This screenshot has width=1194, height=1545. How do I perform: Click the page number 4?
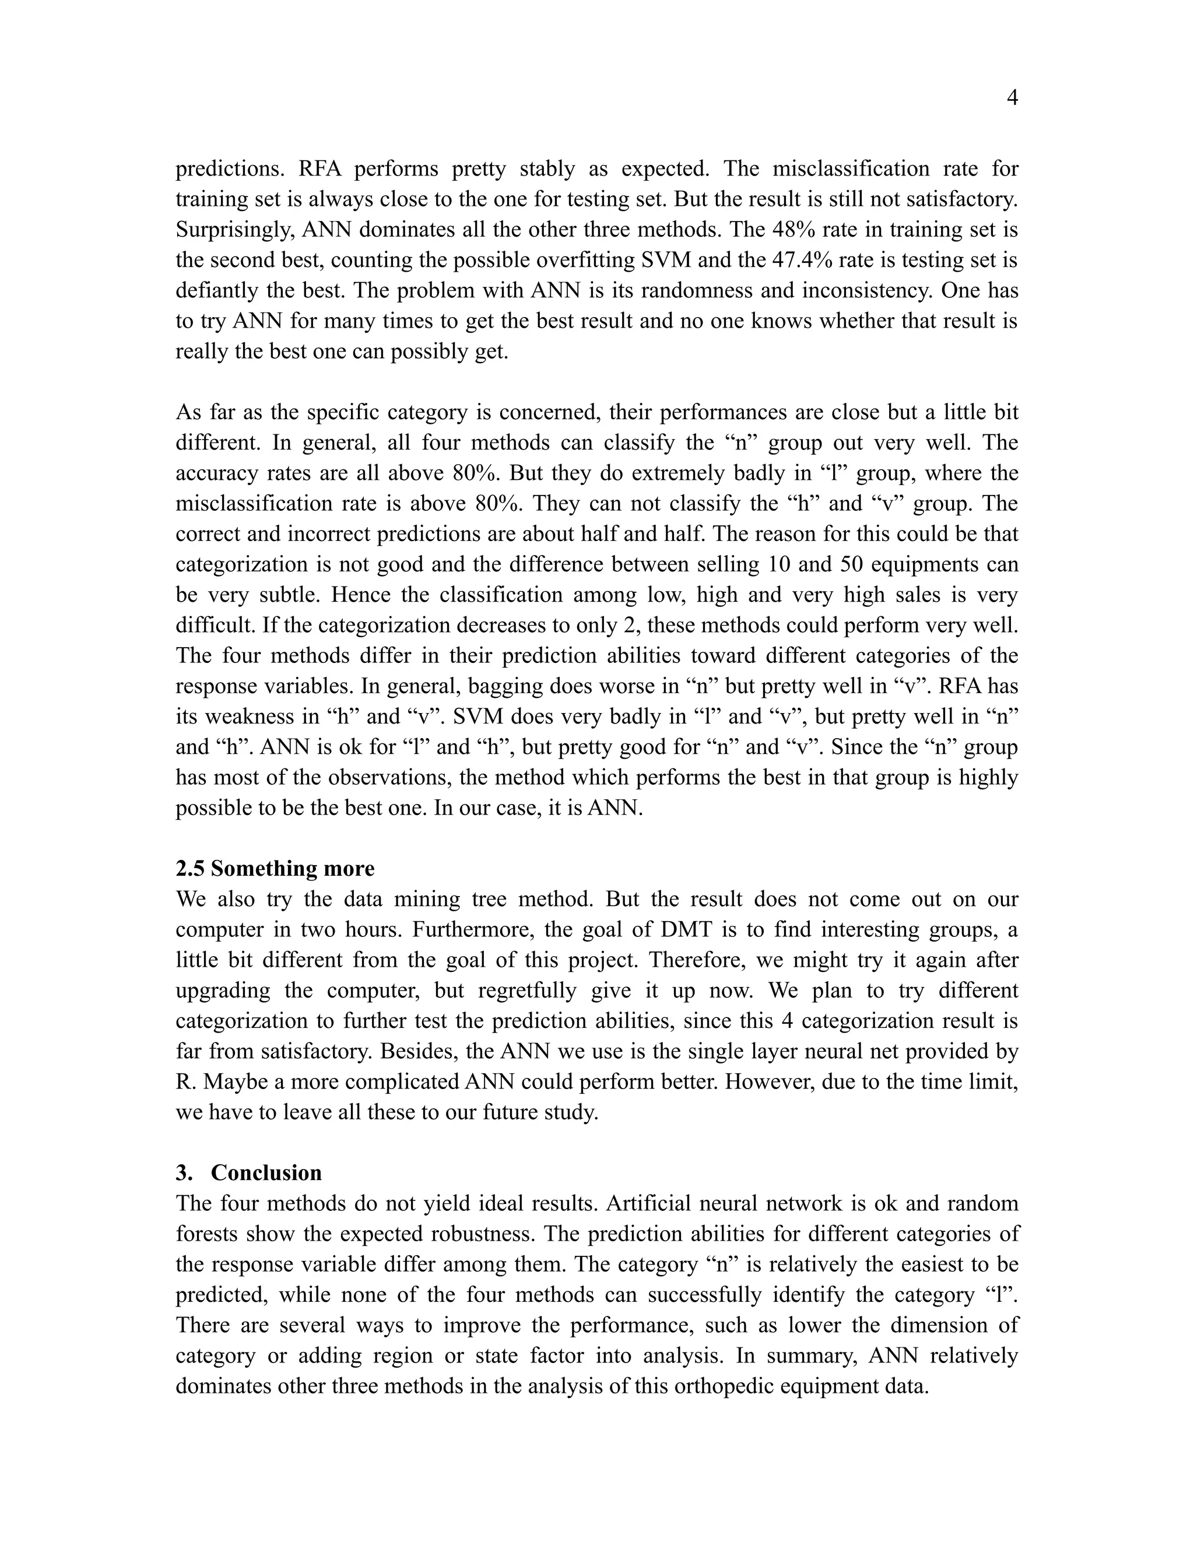1012,99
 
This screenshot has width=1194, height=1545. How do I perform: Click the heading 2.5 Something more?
275,869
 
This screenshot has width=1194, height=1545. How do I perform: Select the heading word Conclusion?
266,1173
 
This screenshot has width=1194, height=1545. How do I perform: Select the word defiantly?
212,291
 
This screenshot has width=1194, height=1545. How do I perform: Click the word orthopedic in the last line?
724,1386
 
